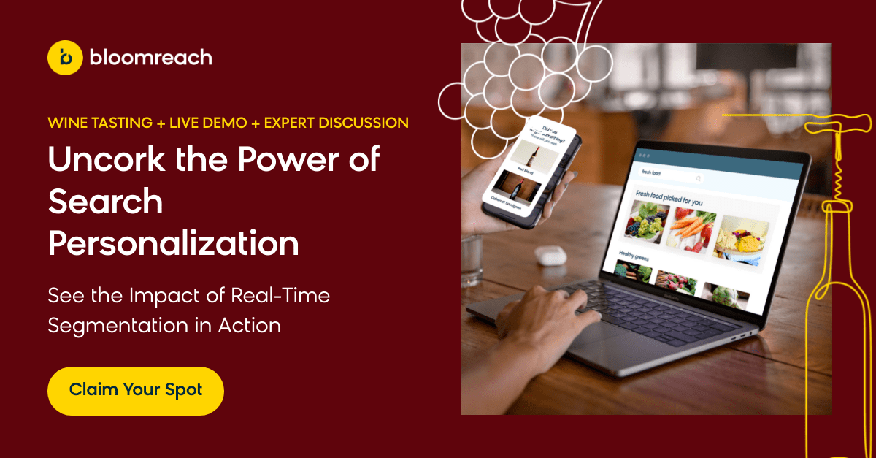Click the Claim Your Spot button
coord(135,390)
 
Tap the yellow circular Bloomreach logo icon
coord(65,57)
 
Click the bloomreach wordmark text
coord(150,57)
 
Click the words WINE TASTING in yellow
coord(99,123)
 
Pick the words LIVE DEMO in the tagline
coord(208,123)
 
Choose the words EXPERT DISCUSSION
coord(337,123)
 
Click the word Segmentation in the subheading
coord(120,325)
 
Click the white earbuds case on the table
coord(548,255)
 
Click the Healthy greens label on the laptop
coord(636,254)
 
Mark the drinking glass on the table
coord(472,259)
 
